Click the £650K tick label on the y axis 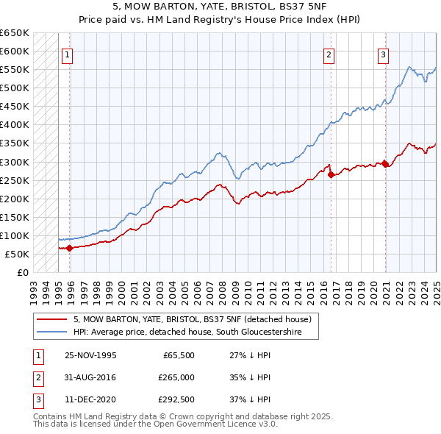15,33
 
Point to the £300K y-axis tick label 15,162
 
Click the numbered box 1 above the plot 67,54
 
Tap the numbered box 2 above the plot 329,54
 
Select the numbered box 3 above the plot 383,54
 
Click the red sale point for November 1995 70,248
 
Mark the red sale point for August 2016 331,174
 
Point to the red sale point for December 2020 385,164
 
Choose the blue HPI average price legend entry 195,332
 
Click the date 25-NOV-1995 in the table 90,355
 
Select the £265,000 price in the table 176,377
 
